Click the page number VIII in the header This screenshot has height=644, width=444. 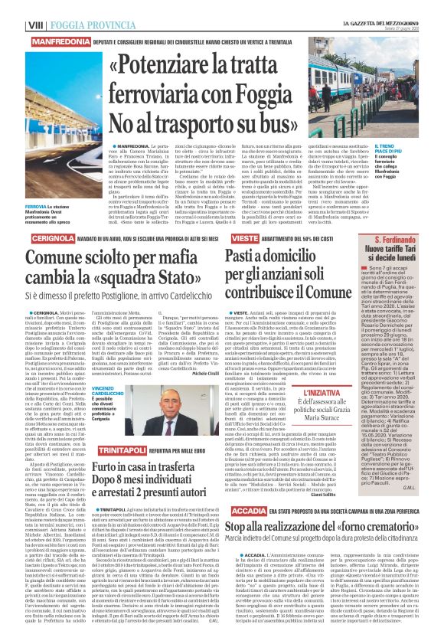tap(14, 6)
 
